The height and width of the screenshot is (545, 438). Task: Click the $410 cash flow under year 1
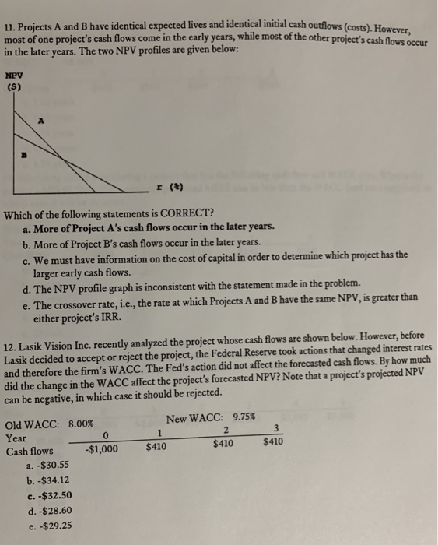(158, 447)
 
